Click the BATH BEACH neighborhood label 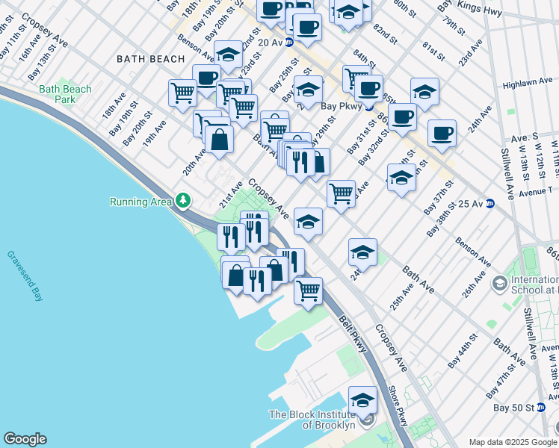pos(150,59)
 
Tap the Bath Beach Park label pos(66,94)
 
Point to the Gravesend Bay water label pos(25,276)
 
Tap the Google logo pos(25,439)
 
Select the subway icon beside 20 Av pos(283,43)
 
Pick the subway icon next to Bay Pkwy pos(369,106)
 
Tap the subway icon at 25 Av pos(490,203)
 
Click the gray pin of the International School pos(498,283)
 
